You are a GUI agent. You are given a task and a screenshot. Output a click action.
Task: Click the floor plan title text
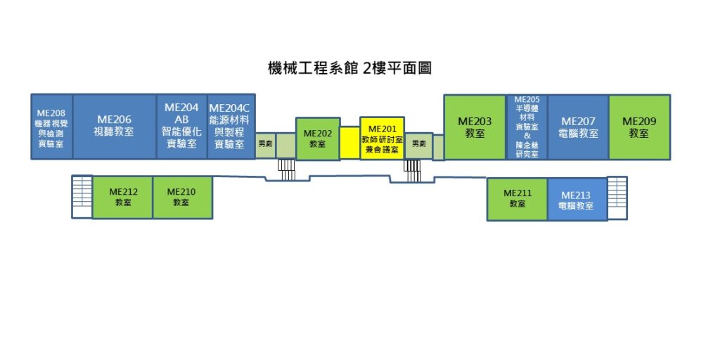pos(349,68)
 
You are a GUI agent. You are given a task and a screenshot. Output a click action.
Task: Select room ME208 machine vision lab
pos(51,127)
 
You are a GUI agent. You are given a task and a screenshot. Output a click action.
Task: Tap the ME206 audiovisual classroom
pos(115,127)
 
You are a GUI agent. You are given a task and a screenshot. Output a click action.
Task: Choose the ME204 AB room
pos(182,127)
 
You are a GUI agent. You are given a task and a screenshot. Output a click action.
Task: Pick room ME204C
pos(231,127)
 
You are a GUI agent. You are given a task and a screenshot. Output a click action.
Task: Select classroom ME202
pos(318,139)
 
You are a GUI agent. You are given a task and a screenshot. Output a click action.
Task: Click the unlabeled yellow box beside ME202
pos(350,143)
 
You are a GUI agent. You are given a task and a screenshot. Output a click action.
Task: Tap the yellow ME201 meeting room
pos(382,139)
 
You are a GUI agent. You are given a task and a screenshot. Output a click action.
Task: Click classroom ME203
pos(475,127)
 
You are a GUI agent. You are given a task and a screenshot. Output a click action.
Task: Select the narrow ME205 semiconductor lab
pos(527,127)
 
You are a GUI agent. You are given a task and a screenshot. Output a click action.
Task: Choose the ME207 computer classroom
pos(578,127)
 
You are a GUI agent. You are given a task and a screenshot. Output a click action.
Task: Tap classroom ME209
pos(639,127)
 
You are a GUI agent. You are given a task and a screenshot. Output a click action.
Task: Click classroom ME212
pos(122,198)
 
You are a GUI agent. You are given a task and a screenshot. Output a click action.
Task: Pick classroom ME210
pos(182,198)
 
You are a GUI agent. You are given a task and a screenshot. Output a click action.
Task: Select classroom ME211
pos(517,199)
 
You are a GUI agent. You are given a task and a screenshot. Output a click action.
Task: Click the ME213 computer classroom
pos(577,199)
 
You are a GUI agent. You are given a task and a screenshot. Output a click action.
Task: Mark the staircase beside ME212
pos(82,197)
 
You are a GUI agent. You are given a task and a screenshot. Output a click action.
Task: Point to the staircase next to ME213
pos(617,198)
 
